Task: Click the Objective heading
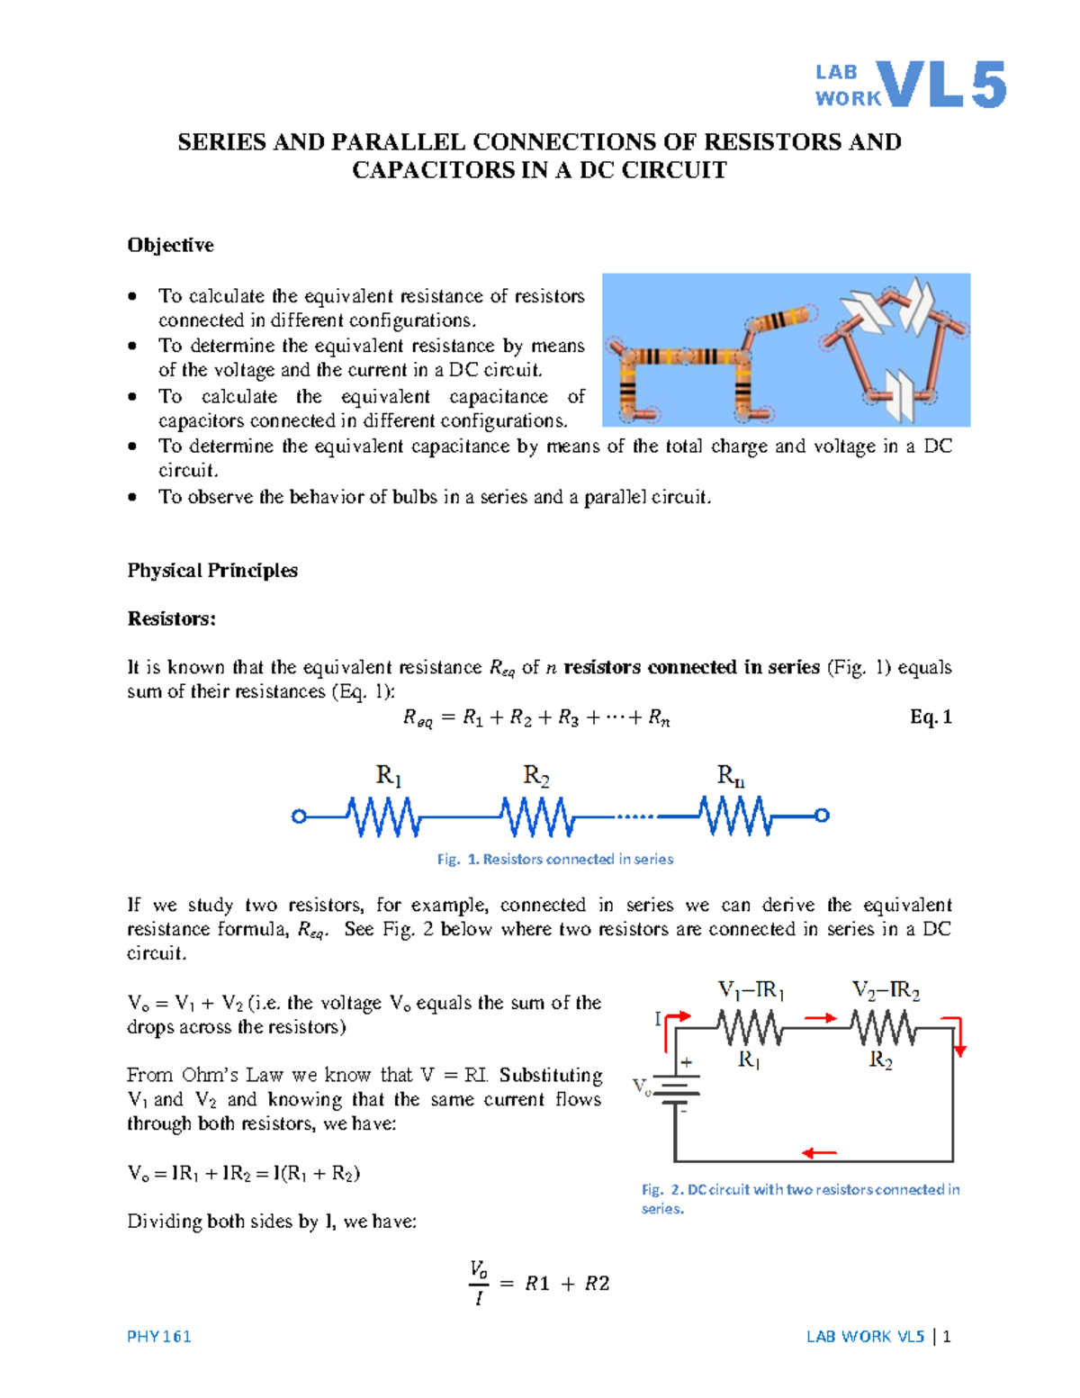click(170, 245)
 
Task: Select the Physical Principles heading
click(212, 571)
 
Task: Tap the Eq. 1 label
click(931, 717)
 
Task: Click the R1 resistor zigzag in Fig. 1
click(384, 816)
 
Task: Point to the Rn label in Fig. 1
click(730, 775)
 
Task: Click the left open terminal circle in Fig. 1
click(299, 816)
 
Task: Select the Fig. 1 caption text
click(555, 859)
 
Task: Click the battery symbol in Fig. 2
click(676, 1090)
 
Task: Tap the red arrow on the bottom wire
click(819, 1153)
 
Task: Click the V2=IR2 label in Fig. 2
click(886, 991)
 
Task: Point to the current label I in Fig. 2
click(658, 1019)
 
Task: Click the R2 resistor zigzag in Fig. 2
click(884, 1027)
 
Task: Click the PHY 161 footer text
click(159, 1336)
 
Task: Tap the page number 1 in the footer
click(947, 1336)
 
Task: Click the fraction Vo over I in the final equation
click(479, 1283)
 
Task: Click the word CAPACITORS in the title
click(433, 170)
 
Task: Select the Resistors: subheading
click(171, 618)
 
